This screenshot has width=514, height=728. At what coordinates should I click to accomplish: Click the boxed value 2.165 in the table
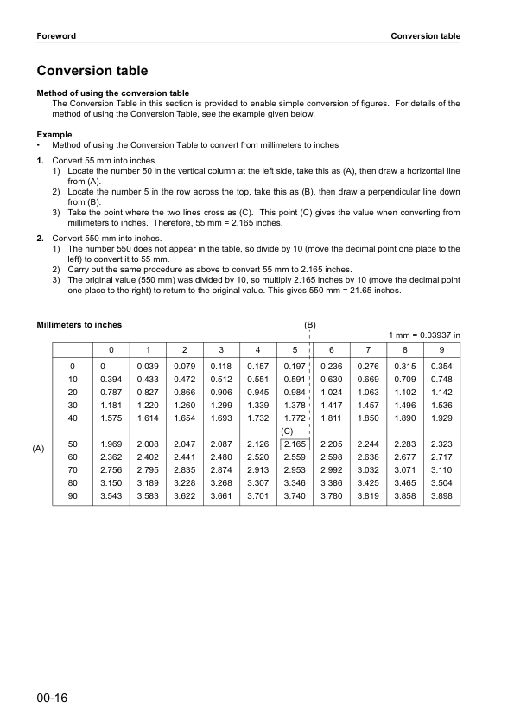point(295,445)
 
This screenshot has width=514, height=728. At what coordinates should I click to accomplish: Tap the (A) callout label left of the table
point(39,450)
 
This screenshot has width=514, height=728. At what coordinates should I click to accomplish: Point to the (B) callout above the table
point(309,325)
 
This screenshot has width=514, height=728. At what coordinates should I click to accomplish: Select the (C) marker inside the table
point(289,431)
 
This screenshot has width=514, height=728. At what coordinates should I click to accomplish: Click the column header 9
point(441,349)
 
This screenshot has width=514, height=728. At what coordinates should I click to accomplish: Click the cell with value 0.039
point(148,367)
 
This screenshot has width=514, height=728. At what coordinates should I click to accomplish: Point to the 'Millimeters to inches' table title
point(79,325)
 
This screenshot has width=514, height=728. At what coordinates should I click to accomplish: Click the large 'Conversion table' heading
point(92,71)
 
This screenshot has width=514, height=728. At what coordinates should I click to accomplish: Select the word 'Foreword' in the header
point(56,36)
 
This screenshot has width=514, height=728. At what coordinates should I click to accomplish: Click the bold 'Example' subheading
point(54,134)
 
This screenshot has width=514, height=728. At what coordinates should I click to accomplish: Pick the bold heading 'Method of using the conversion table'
point(112,93)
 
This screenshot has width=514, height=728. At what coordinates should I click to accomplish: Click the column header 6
point(332,349)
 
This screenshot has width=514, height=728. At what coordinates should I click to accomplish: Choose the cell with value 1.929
point(441,418)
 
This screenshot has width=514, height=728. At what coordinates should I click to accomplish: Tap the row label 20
point(73,393)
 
